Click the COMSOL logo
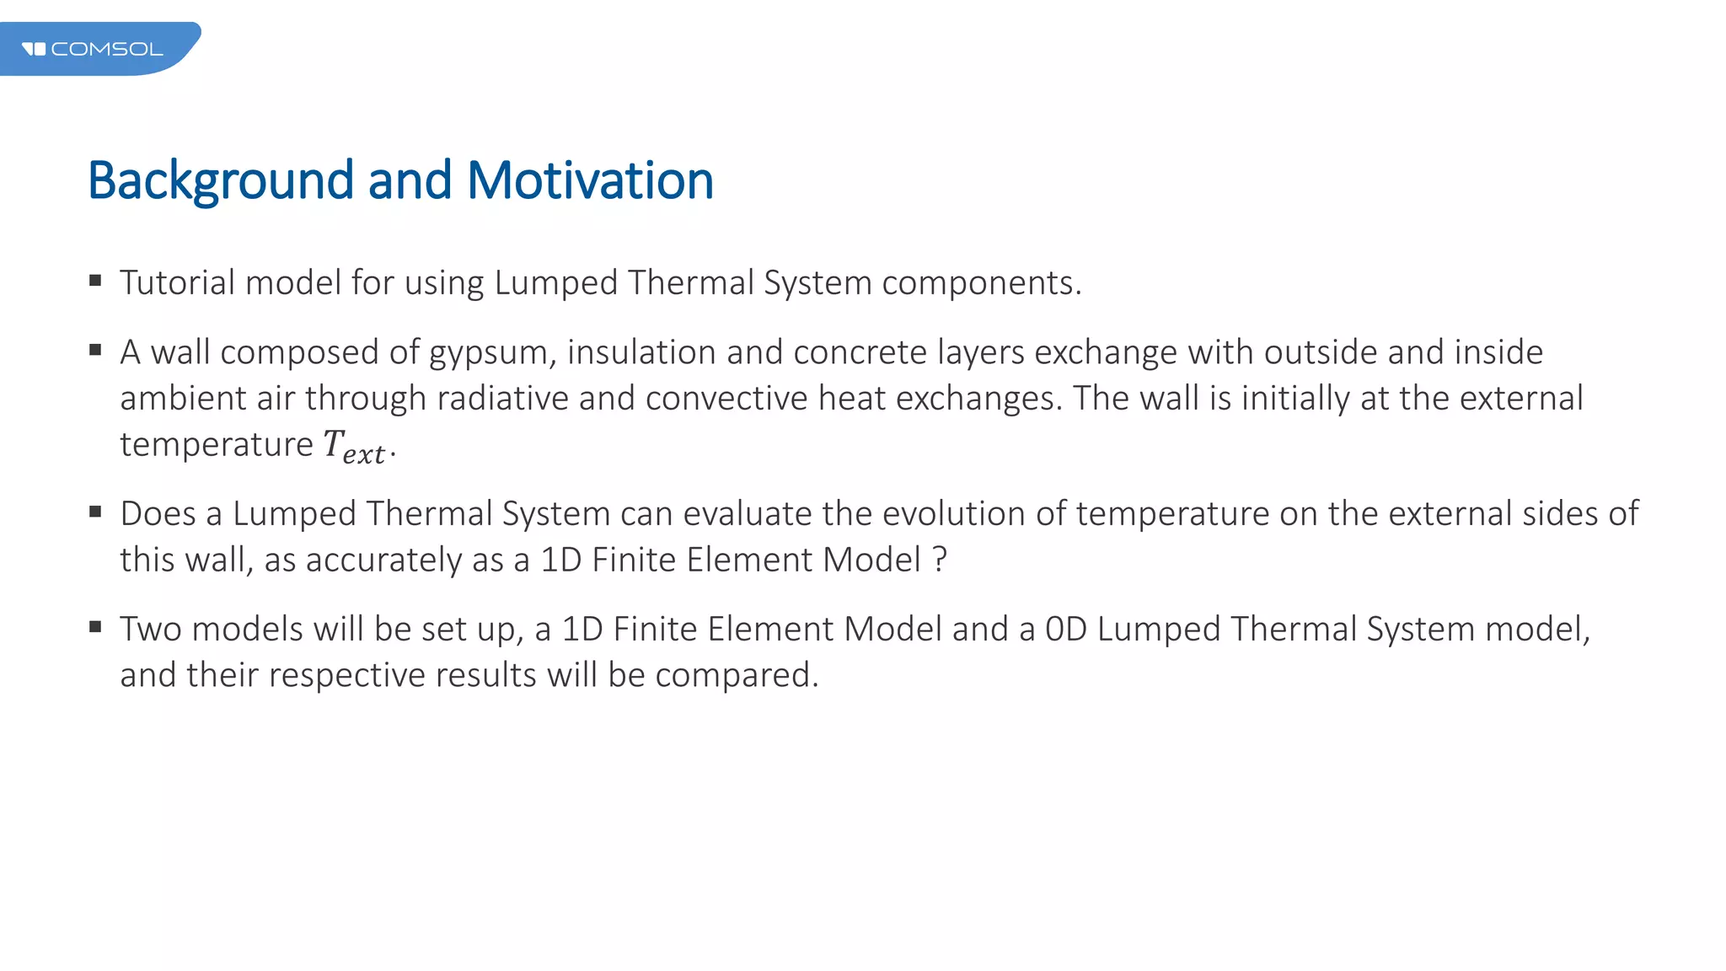[93, 49]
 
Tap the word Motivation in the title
[590, 181]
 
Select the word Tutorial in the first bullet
[177, 283]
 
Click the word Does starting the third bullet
[158, 514]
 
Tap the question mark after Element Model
[941, 561]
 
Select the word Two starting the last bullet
[152, 630]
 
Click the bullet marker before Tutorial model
[95, 281]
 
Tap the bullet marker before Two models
[95, 627]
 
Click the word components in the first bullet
[981, 283]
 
